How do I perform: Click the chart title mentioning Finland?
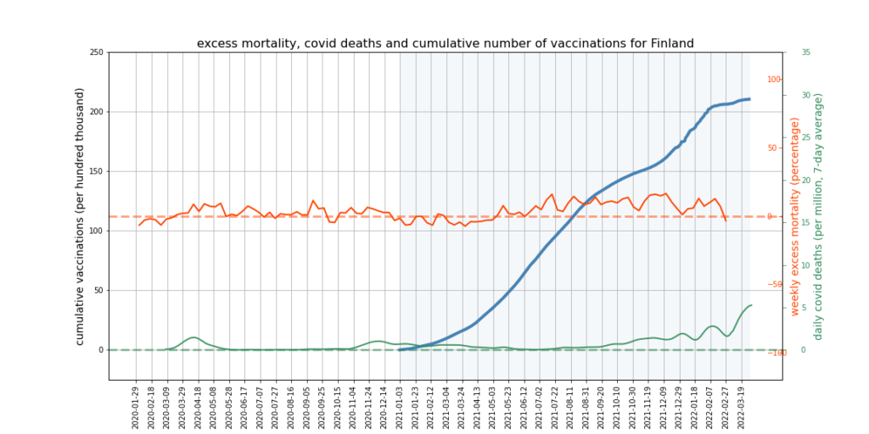(x=446, y=43)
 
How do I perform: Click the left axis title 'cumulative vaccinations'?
(x=81, y=215)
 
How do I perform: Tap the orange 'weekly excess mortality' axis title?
(x=795, y=217)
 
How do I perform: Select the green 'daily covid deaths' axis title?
(x=819, y=217)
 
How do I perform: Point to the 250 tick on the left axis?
(x=96, y=53)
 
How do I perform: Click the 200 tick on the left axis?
(x=96, y=112)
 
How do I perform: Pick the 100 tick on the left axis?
(x=96, y=231)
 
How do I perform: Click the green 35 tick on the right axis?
(x=805, y=53)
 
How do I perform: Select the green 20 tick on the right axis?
(x=805, y=180)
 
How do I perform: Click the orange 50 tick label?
(x=774, y=147)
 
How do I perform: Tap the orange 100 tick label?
(x=774, y=80)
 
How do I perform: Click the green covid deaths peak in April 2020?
(x=194, y=337)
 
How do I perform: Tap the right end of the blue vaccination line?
(x=748, y=99)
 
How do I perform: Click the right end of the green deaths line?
(x=751, y=305)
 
